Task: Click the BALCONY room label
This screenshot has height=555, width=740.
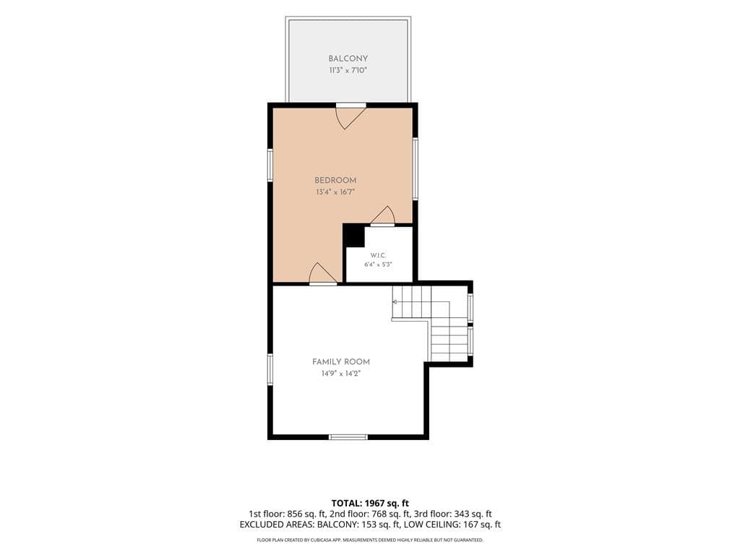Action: pyautogui.click(x=348, y=59)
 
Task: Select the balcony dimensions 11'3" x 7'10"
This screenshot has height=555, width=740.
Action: pyautogui.click(x=348, y=71)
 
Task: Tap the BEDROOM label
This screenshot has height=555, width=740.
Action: pyautogui.click(x=335, y=180)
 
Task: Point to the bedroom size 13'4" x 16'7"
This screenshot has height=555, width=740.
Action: pyautogui.click(x=335, y=192)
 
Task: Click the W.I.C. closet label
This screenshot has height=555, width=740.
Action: pyautogui.click(x=378, y=255)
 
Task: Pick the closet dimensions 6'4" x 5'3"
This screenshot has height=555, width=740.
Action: pyautogui.click(x=378, y=264)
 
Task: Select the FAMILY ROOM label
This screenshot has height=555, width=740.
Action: pyautogui.click(x=341, y=362)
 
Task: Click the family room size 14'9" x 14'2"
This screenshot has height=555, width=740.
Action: pyautogui.click(x=341, y=374)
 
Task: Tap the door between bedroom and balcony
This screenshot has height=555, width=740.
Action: pyautogui.click(x=350, y=116)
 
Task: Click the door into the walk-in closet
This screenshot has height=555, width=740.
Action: pyautogui.click(x=383, y=216)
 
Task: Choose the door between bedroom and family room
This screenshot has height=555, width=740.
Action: pyautogui.click(x=323, y=274)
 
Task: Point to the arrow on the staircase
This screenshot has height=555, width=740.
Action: pyautogui.click(x=395, y=301)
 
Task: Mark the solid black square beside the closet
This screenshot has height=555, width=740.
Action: pyautogui.click(x=353, y=235)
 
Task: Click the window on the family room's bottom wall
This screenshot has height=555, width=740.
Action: pyautogui.click(x=348, y=437)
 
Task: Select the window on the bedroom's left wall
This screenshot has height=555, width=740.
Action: pyautogui.click(x=270, y=165)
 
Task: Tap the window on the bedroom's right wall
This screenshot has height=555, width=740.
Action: pyautogui.click(x=416, y=168)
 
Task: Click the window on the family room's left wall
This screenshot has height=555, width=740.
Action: pyautogui.click(x=270, y=370)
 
